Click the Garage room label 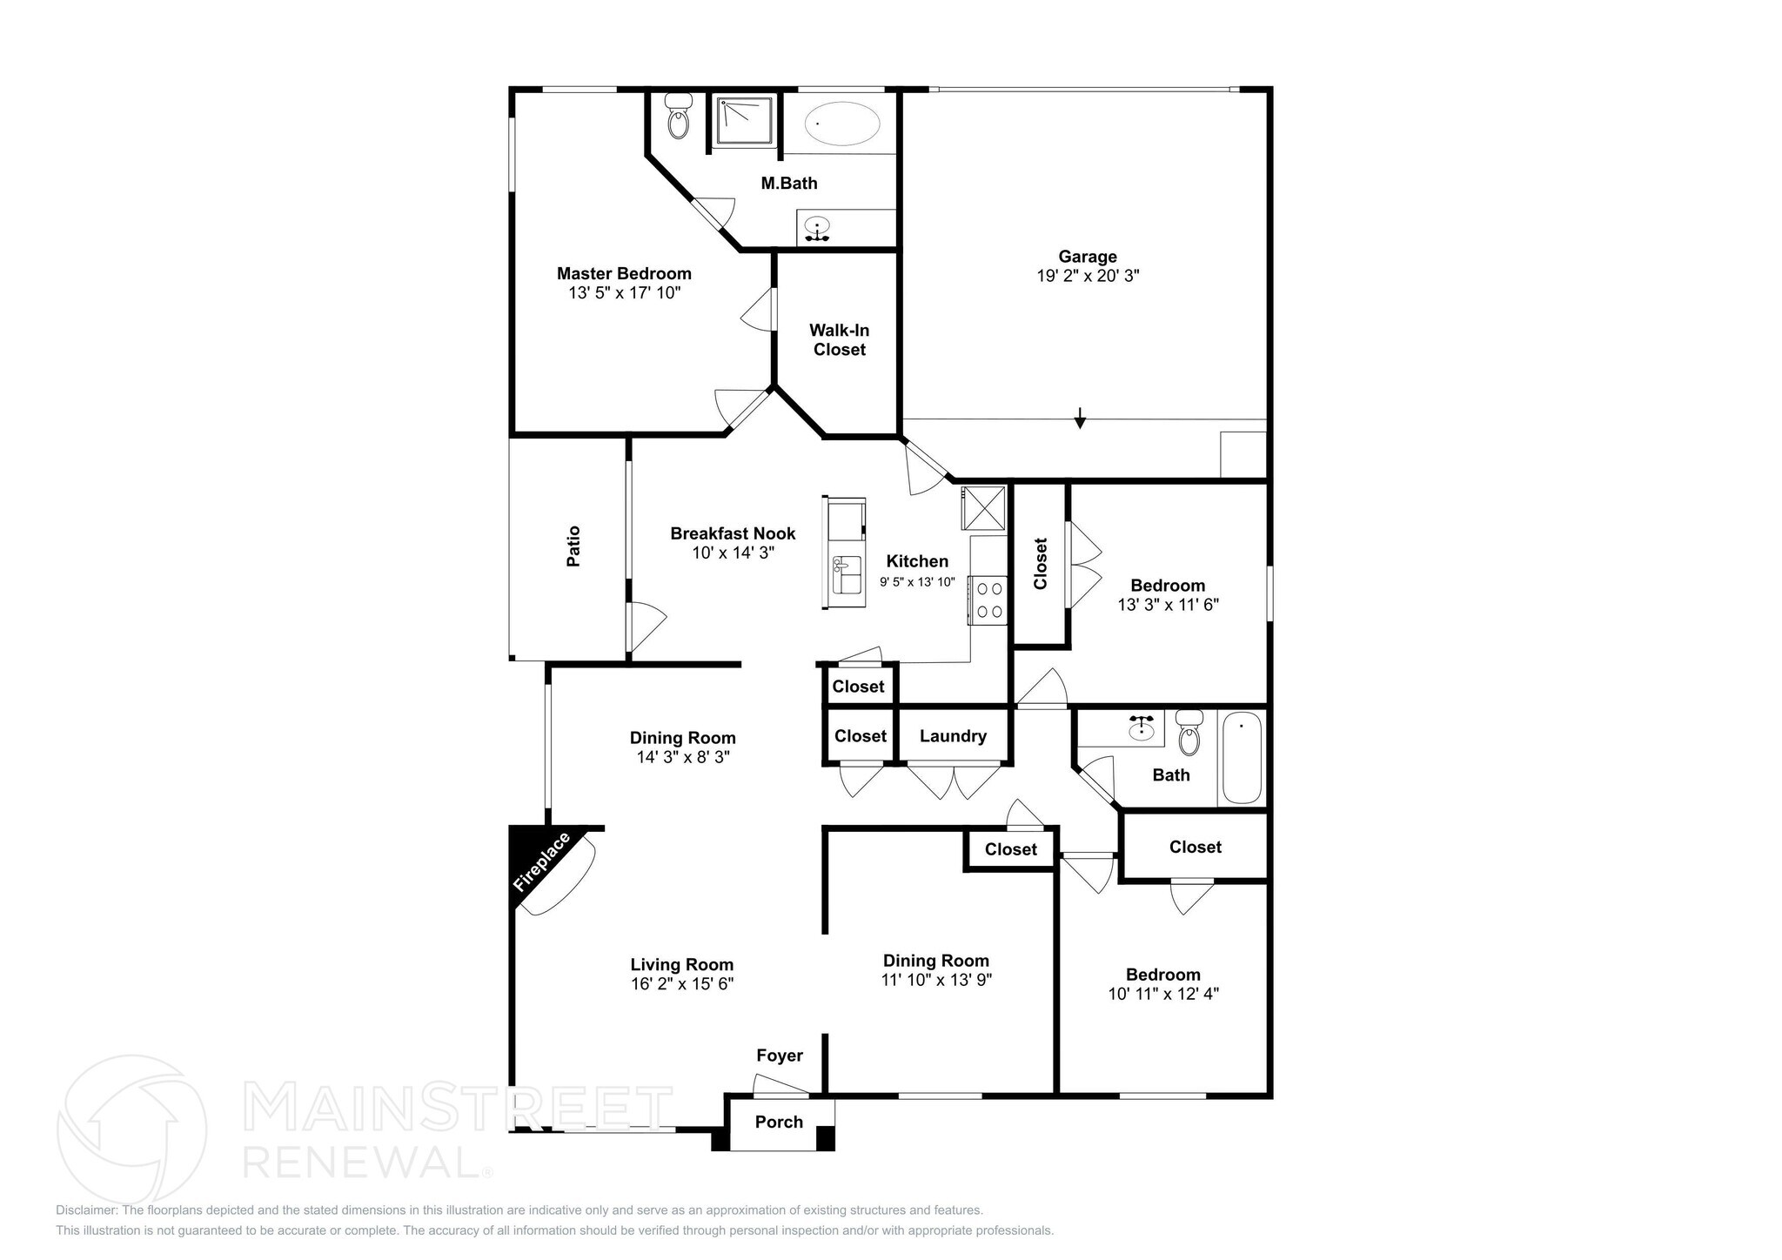pos(1087,257)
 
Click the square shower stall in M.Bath pos(744,122)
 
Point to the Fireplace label pos(542,861)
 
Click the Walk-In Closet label pos(839,340)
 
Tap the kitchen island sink pos(846,575)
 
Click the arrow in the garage pos(1080,419)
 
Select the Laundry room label pos(953,736)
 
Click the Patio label pos(573,546)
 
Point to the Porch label pos(779,1122)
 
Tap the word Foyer pos(779,1056)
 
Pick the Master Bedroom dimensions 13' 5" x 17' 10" pos(624,293)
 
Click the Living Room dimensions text pos(682,984)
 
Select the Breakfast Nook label pos(733,533)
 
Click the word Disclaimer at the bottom pos(87,1210)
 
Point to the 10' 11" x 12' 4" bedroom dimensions pos(1162,994)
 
